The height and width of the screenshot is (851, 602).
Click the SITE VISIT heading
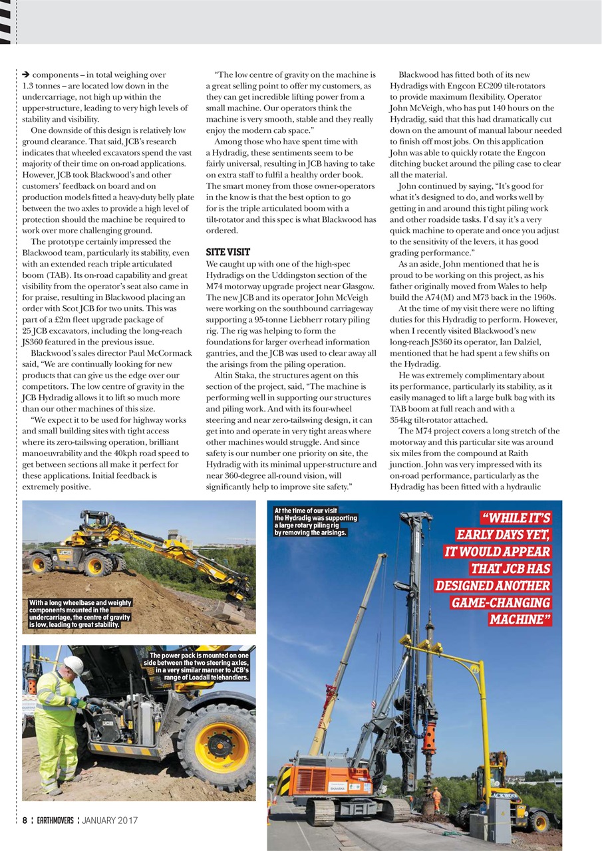pyautogui.click(x=228, y=253)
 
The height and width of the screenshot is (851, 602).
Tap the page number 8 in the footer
pyautogui.click(x=24, y=820)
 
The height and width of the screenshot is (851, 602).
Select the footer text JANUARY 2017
pyautogui.click(x=110, y=820)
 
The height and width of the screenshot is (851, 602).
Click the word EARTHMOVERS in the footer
pyautogui.click(x=55, y=820)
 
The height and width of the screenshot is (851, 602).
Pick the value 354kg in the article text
pyautogui.click(x=402, y=420)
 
